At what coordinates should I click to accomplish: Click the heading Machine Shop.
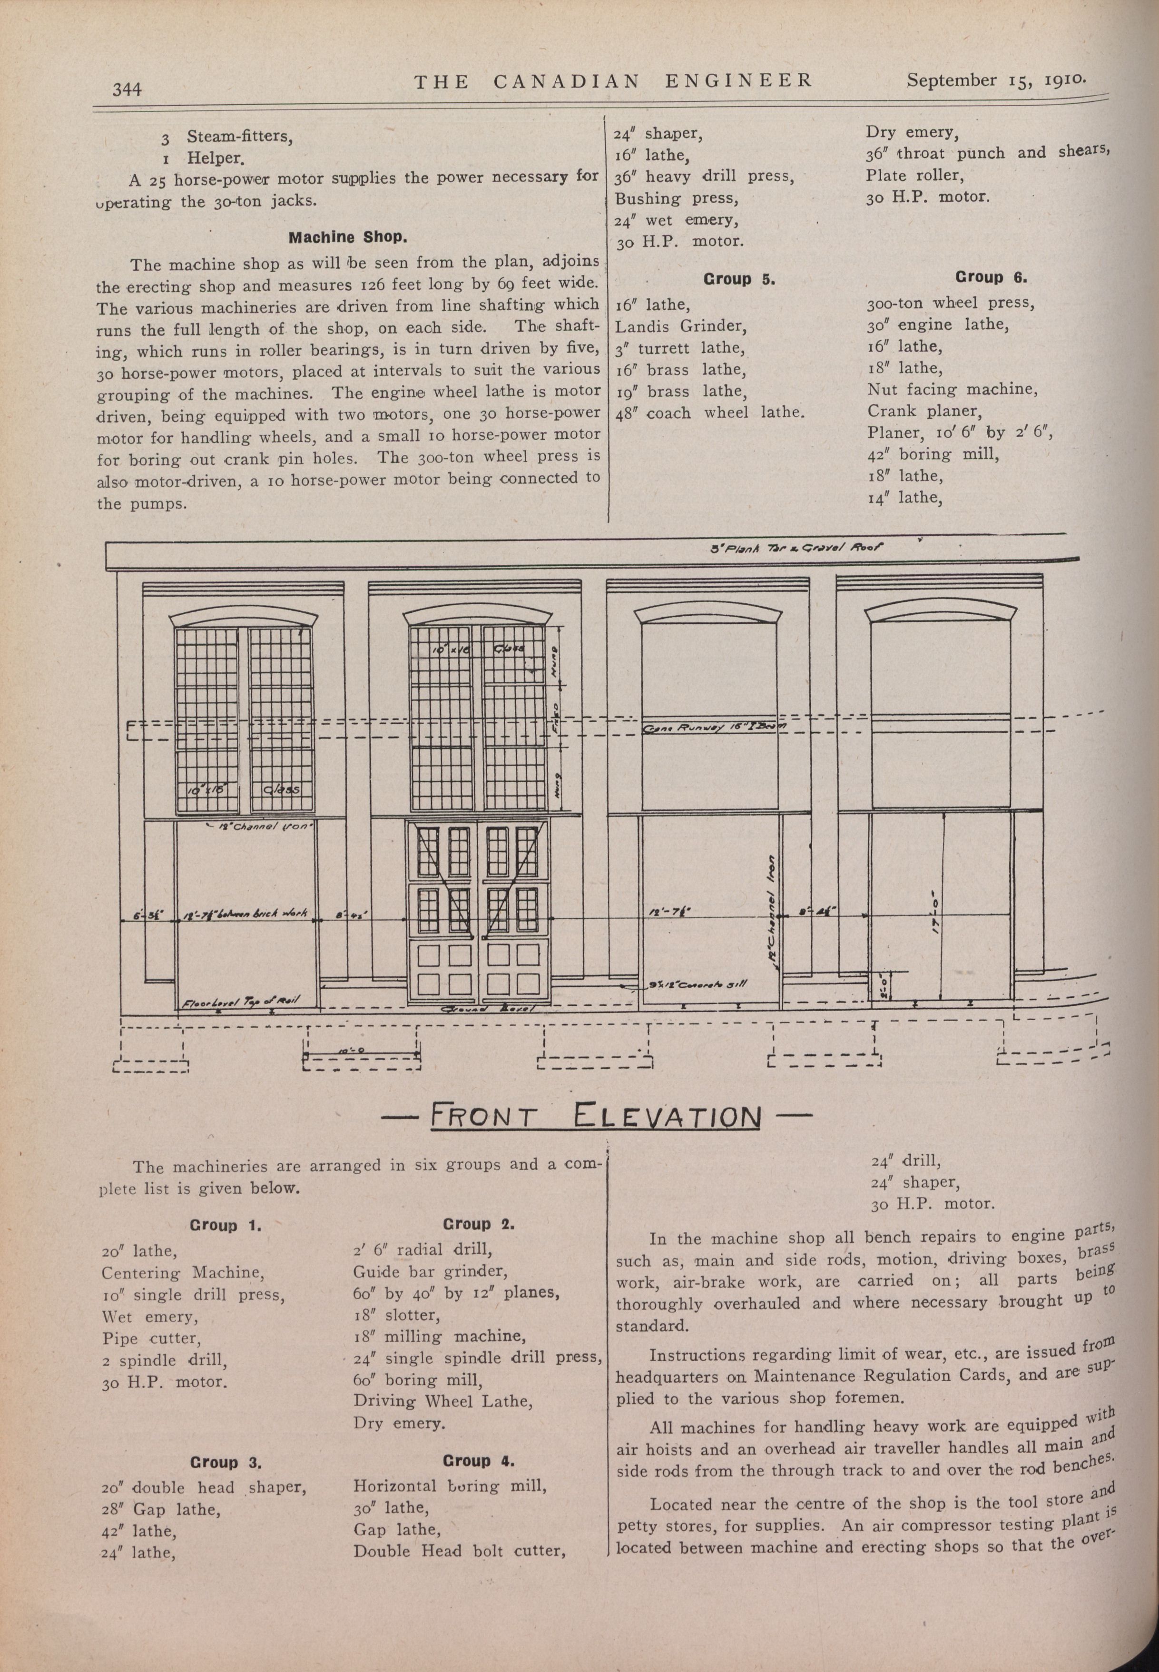348,237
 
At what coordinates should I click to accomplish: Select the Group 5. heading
738,280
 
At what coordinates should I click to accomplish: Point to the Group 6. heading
991,277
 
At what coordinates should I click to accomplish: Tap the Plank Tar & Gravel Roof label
796,549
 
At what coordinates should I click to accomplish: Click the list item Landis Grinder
680,326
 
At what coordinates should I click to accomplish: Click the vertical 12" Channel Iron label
771,923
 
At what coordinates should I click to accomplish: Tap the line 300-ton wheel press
950,303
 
